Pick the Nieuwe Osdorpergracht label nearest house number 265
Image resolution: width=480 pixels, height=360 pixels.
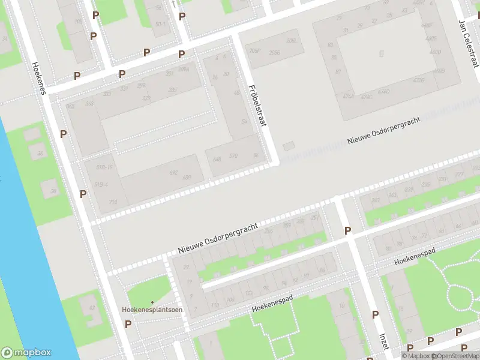pos(218,238)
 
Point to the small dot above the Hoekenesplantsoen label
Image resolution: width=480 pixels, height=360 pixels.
pos(152,302)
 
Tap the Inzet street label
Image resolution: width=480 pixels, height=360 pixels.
pos(384,340)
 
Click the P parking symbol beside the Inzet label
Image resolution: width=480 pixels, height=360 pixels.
pos(375,314)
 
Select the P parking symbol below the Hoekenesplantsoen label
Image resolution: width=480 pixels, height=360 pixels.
pos(128,324)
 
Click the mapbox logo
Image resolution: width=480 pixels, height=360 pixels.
pos(26,353)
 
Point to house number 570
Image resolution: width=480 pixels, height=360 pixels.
pos(233,157)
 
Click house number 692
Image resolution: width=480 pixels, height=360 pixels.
pos(173,173)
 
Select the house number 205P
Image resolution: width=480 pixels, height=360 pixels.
pos(254,51)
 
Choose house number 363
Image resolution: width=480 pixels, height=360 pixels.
pos(89,104)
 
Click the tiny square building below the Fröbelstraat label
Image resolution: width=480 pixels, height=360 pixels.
pos(289,146)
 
